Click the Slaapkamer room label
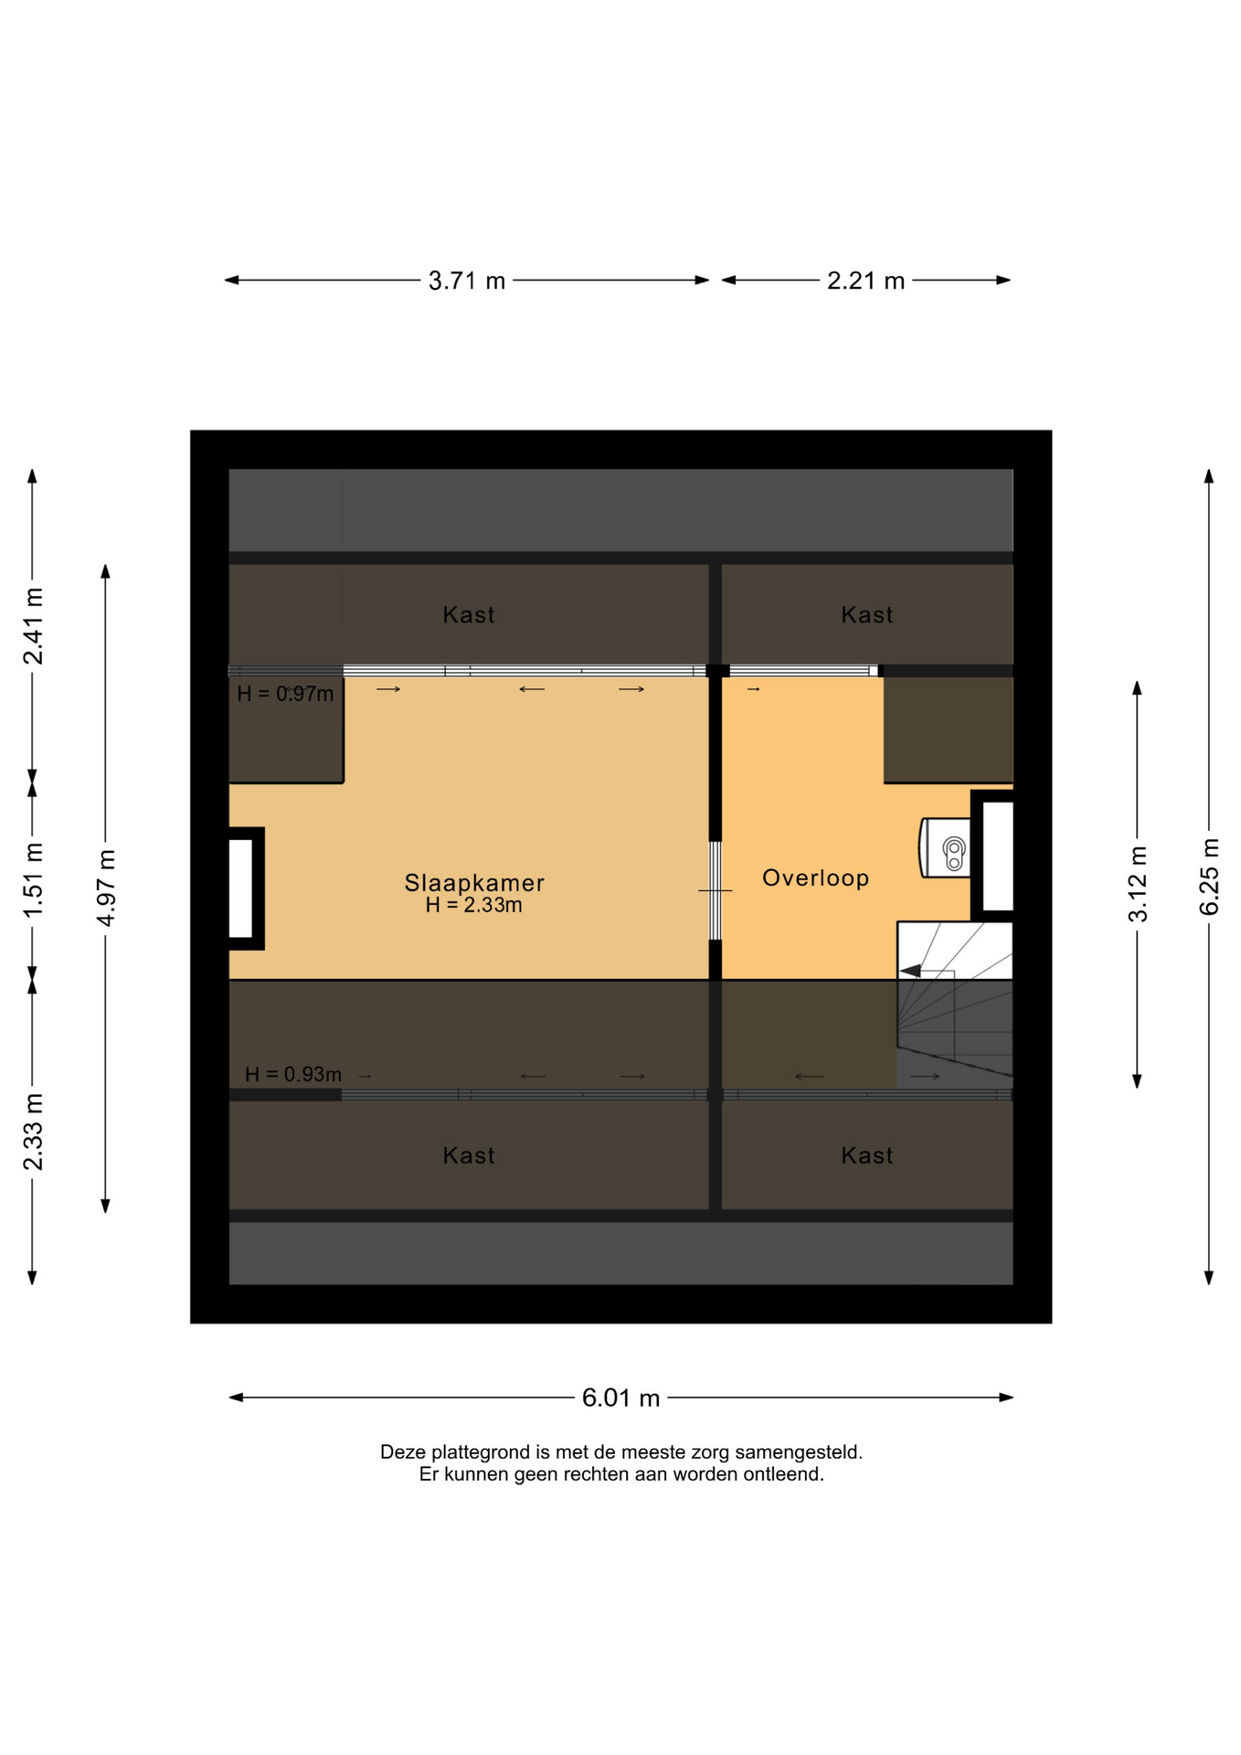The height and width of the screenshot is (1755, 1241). point(474,882)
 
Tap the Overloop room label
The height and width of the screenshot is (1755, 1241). point(815,877)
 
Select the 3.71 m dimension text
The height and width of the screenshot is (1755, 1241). point(467,281)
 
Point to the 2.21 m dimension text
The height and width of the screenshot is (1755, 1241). point(865,281)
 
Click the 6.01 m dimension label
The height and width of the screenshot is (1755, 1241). point(620,1398)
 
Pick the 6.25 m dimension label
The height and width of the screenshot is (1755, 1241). point(1209,876)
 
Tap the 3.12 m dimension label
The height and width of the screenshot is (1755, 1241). point(1138,884)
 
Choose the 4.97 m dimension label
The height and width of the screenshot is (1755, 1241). point(106,888)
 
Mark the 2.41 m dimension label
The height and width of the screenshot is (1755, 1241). point(33,626)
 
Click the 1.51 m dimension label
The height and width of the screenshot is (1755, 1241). point(33,880)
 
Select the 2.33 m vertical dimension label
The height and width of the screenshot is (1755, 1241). point(33,1131)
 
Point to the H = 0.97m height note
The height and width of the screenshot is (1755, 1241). point(285,694)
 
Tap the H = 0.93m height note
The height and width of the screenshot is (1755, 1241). point(293,1074)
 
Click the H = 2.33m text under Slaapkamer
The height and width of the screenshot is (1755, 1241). point(473,905)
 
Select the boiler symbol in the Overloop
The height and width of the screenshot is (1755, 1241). point(945,847)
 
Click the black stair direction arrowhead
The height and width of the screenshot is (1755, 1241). point(911,970)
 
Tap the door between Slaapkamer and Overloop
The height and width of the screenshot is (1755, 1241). point(716,891)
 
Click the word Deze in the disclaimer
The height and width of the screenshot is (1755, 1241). point(403,1452)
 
